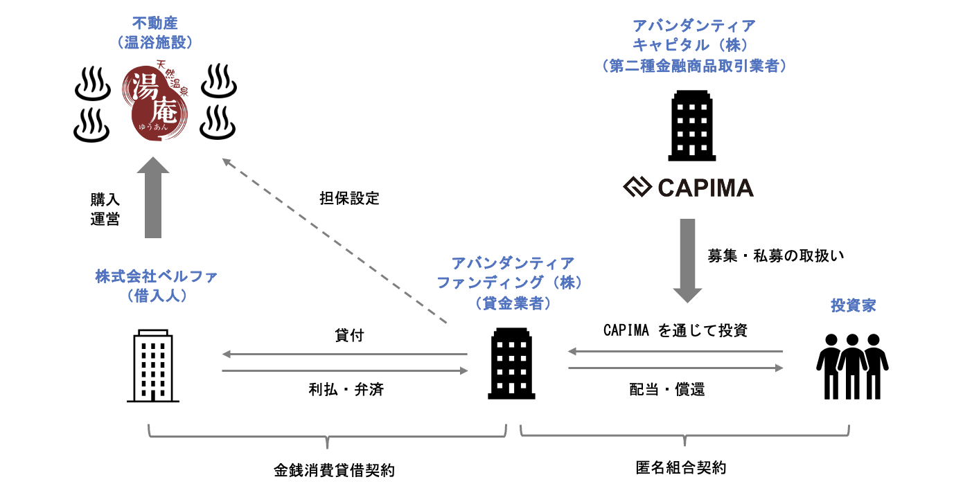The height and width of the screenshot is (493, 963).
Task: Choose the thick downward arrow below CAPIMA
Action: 687,260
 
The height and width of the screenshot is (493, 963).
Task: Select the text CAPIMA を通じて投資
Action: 675,330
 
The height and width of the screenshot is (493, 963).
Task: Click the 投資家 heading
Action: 853,305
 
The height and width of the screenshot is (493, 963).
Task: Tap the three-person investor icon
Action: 852,366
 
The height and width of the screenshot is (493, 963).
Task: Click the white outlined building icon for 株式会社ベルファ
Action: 153,366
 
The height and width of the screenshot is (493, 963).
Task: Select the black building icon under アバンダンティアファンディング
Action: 511,364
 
